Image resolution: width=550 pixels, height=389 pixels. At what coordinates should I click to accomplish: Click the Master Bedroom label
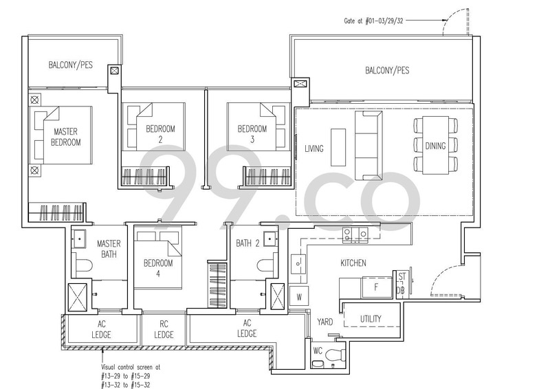66,137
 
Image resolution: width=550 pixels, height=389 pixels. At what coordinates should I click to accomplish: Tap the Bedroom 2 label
160,134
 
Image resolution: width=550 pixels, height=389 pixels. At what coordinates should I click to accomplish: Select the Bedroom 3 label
252,134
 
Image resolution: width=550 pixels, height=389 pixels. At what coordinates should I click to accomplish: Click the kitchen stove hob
355,235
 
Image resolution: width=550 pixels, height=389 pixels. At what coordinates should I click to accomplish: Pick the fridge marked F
377,287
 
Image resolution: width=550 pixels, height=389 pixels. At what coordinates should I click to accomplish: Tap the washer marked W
299,297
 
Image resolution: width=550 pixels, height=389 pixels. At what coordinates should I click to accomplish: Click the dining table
435,145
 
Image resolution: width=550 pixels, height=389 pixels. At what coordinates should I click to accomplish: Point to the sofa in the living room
368,145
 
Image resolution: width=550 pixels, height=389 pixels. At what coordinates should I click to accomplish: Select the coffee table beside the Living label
338,147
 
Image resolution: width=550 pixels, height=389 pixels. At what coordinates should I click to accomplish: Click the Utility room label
371,319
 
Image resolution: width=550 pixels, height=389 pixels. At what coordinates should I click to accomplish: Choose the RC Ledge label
164,329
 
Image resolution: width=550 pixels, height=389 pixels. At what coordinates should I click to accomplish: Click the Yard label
325,322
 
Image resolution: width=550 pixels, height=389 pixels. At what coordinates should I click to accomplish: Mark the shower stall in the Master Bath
77,298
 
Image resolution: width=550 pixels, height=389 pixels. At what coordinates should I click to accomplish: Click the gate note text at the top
373,21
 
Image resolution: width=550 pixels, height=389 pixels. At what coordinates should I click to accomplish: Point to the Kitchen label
353,263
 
